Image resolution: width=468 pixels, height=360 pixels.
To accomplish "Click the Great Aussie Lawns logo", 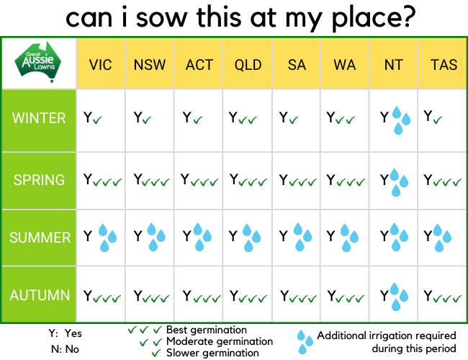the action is [x=38, y=62].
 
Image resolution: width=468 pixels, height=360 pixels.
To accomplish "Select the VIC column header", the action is [x=101, y=65].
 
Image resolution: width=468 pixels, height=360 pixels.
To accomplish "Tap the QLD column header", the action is [x=248, y=65].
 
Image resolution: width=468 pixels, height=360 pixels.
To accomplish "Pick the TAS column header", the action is [x=444, y=65].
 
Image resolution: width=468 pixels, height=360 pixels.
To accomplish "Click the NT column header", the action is [x=394, y=65].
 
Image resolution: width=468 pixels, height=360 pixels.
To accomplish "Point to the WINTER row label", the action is [x=39, y=118].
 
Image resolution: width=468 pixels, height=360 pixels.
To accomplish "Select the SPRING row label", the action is [x=39, y=180].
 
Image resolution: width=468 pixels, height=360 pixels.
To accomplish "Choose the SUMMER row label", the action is [x=39, y=238].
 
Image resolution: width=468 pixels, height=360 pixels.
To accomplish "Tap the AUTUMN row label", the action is [x=39, y=295].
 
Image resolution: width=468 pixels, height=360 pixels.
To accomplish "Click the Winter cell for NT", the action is [x=394, y=120].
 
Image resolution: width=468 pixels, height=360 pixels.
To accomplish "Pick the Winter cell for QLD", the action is [x=248, y=120].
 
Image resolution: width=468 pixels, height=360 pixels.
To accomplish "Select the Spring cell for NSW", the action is [x=150, y=181].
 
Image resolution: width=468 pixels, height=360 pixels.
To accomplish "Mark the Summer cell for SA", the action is [x=297, y=238].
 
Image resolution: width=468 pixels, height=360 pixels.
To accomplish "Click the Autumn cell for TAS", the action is [x=443, y=295].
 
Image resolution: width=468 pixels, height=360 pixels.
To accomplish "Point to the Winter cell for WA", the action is [x=345, y=120].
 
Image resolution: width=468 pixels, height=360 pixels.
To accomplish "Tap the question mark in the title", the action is [x=407, y=16].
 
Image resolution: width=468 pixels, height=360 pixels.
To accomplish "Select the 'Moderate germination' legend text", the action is [x=220, y=341].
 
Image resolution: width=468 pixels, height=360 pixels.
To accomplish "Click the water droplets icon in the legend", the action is [x=305, y=342].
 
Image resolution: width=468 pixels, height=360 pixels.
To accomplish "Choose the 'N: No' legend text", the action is [x=65, y=349].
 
